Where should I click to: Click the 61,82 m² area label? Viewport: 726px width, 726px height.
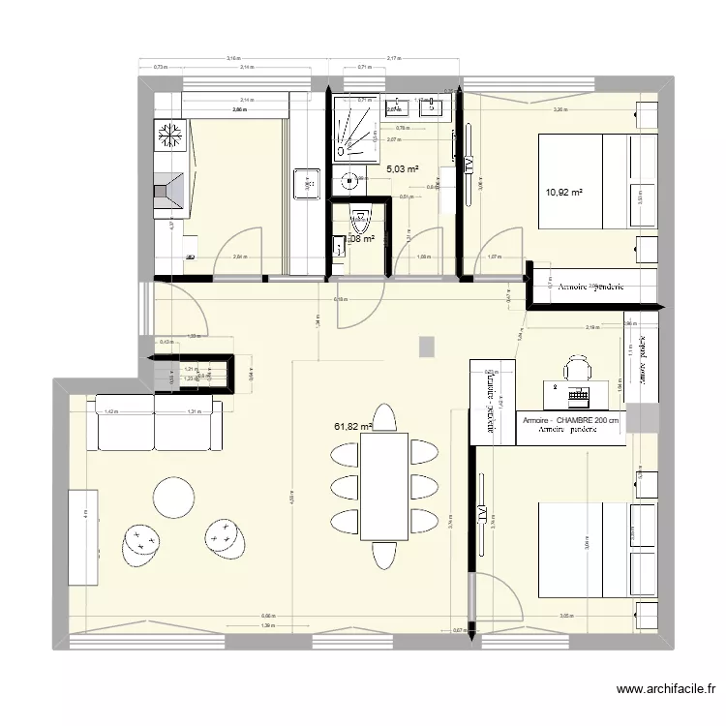pos(352,426)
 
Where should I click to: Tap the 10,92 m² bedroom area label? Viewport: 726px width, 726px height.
pos(563,193)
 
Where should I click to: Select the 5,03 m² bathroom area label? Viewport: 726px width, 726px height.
pos(403,169)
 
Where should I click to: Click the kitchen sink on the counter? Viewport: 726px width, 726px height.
pos(306,182)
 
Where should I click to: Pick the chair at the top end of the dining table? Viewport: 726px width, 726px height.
pos(384,417)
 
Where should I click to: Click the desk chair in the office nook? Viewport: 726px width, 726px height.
pos(578,368)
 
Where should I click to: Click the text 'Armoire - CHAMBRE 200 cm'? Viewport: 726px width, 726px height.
pos(569,421)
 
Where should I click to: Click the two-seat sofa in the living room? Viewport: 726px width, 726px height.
pos(158,422)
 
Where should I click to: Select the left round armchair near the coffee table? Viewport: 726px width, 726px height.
pos(141,544)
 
